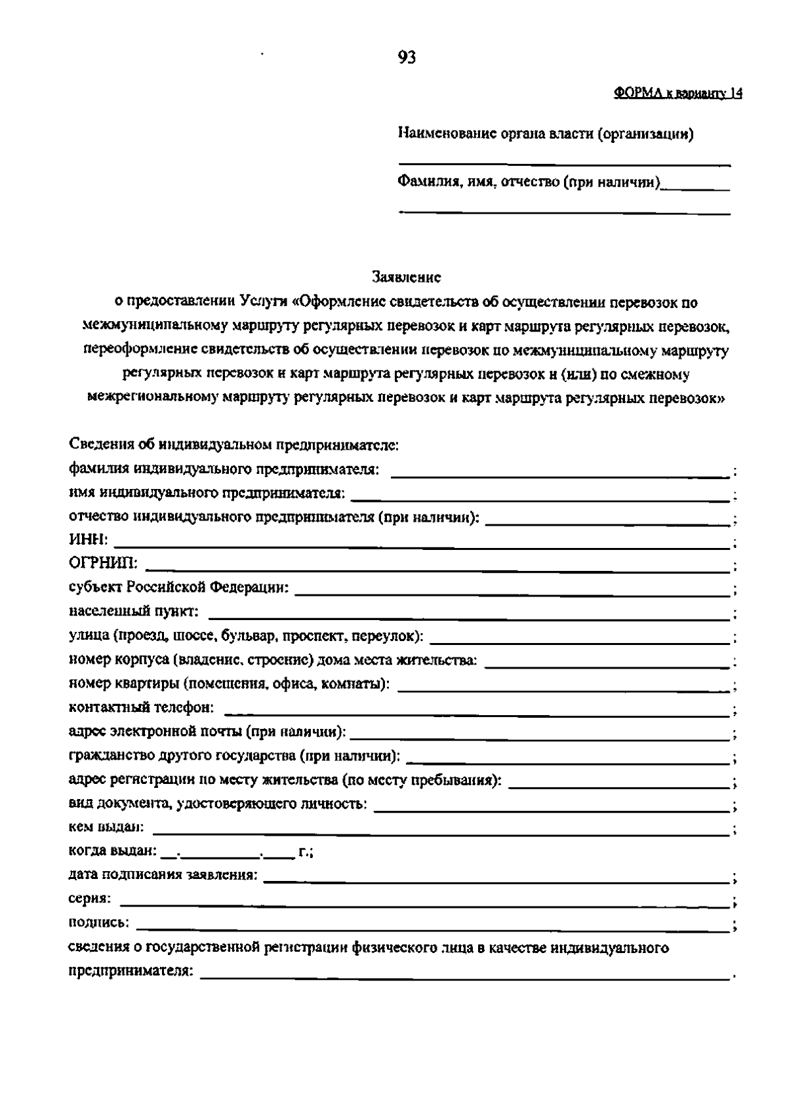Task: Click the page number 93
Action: pyautogui.click(x=407, y=58)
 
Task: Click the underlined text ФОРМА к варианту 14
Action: pyautogui.click(x=678, y=94)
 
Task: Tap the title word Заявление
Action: pyautogui.click(x=407, y=277)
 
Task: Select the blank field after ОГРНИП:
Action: pyautogui.click(x=438, y=569)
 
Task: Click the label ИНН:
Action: pyautogui.click(x=88, y=540)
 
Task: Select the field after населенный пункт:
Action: pyautogui.click(x=469, y=617)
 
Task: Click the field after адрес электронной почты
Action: pyautogui.click(x=541, y=737)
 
